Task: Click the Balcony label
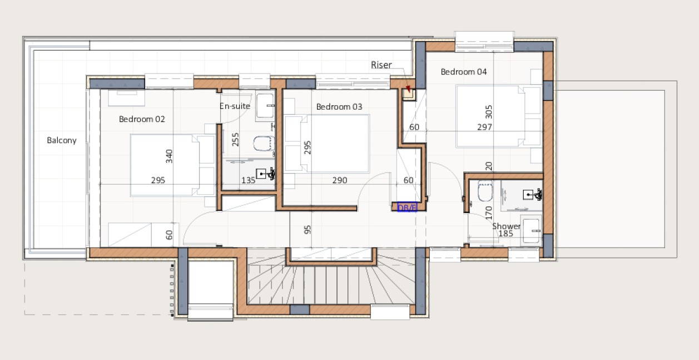[x=61, y=141]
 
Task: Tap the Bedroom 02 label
[x=142, y=119]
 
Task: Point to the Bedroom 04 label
[x=464, y=72]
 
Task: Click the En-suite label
[x=235, y=106]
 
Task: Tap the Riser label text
[x=381, y=65]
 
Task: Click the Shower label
[x=506, y=226]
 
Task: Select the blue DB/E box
[x=407, y=208]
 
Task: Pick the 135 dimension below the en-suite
[x=248, y=180]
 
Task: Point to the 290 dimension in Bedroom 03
[x=340, y=180]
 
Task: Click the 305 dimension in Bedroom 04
[x=489, y=113]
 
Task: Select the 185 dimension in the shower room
[x=506, y=234]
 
